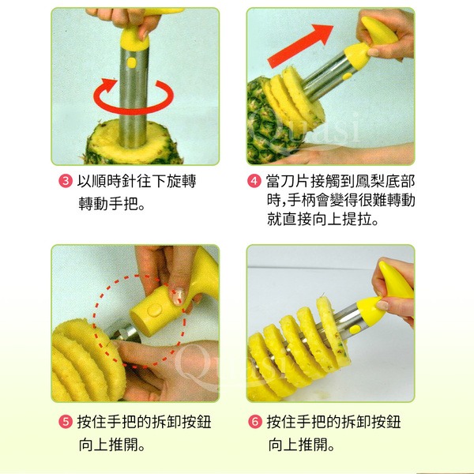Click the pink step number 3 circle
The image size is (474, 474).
(66, 181)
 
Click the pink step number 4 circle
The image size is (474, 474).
(254, 181)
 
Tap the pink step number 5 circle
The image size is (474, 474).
(66, 422)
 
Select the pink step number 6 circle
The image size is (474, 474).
(255, 422)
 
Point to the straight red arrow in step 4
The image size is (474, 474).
(300, 45)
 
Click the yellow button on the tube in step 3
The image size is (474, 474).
(131, 62)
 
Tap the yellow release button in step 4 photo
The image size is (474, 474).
(348, 76)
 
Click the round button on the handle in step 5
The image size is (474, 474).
(155, 310)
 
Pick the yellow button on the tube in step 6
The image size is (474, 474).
(354, 329)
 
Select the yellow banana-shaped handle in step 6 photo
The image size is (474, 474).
(396, 280)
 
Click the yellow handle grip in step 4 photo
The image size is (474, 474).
(378, 30)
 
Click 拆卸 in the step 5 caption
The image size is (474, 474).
(166, 422)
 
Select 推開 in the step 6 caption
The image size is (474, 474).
(313, 444)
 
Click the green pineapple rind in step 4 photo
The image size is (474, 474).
(266, 127)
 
